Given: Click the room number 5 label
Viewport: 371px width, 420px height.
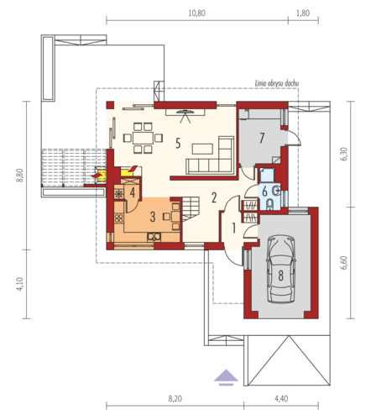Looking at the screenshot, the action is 178,144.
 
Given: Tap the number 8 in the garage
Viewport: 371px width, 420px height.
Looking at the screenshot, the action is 280,276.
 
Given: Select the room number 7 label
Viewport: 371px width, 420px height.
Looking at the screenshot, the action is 262,138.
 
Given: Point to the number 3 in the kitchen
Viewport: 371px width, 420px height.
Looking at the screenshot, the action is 153,217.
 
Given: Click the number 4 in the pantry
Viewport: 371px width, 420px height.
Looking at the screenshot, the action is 133,192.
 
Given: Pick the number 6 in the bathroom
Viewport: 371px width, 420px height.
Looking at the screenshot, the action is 264,192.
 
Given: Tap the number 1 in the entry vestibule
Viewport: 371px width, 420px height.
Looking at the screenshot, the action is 234,228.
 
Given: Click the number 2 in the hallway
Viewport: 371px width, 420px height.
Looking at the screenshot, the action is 214,197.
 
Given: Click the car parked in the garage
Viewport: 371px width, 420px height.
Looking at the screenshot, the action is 281,270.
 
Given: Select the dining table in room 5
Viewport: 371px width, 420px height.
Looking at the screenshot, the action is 143,138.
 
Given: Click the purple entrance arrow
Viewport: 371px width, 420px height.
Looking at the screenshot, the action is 226,377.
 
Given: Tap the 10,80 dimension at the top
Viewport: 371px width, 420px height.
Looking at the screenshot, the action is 196,13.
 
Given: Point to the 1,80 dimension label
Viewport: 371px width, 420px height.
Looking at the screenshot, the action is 303,13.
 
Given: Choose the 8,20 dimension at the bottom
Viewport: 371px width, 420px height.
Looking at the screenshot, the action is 175,398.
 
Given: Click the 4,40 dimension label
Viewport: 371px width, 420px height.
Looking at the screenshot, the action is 281,398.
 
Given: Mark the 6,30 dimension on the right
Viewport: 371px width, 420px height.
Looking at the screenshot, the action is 344,154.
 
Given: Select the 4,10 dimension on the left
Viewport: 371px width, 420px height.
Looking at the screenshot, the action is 19,284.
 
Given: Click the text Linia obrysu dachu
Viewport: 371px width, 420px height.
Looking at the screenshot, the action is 277,83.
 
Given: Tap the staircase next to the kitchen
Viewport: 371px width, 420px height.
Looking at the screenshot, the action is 191,208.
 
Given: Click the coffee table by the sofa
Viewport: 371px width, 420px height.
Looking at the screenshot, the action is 202,149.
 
